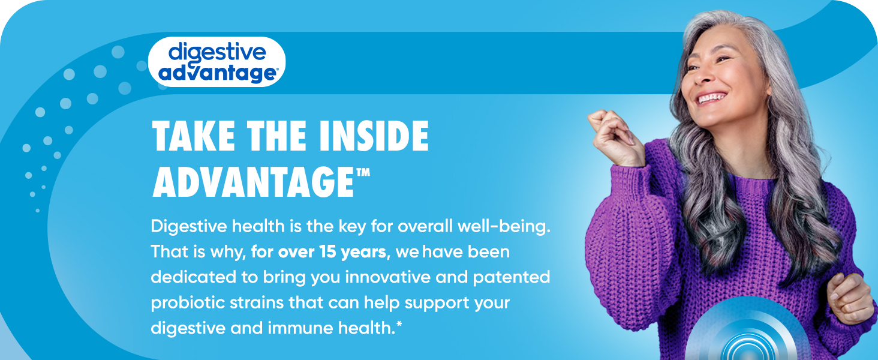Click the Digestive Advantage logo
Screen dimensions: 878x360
tap(217, 62)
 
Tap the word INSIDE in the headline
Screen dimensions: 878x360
tap(374, 136)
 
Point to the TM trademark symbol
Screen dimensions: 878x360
tap(363, 173)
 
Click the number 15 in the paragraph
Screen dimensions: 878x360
tap(327, 252)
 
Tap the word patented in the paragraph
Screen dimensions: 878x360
tap(512, 277)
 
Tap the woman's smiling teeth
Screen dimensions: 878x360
tap(711, 97)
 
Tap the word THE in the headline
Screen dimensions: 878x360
tap(276, 136)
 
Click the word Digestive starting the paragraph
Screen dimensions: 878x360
tap(189, 227)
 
